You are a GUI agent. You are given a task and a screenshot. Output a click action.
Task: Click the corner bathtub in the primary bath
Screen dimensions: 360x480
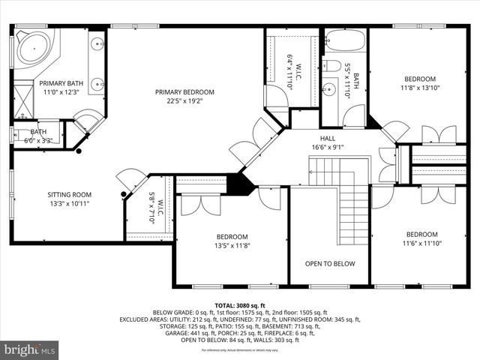pyautogui.click(x=34, y=47)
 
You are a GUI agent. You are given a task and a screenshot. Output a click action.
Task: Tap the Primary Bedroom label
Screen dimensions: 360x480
pyautogui.click(x=184, y=92)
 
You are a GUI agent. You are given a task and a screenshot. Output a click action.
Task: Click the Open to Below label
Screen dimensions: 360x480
pyautogui.click(x=329, y=264)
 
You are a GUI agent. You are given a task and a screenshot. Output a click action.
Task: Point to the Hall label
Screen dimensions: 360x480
pyautogui.click(x=328, y=138)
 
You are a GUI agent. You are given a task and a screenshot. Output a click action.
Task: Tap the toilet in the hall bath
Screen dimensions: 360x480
pyautogui.click(x=332, y=65)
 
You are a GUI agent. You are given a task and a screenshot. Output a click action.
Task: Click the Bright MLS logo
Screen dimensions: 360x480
pyautogui.click(x=30, y=349)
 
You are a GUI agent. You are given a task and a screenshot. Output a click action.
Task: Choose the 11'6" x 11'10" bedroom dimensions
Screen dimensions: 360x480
pyautogui.click(x=421, y=243)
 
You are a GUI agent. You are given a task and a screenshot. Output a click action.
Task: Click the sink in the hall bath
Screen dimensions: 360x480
pyautogui.click(x=328, y=91)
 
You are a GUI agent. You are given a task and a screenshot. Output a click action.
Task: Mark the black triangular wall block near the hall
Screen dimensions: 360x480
pyautogui.click(x=240, y=184)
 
